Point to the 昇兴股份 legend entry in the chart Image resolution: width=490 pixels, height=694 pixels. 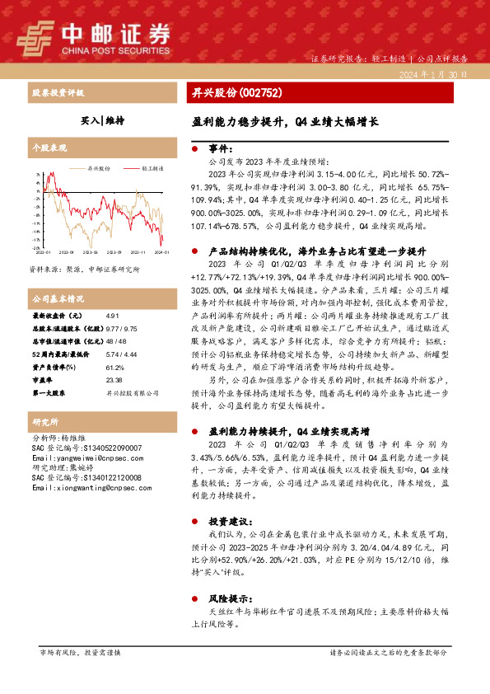[97, 167]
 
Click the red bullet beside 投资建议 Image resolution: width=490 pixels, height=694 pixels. [194, 522]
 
